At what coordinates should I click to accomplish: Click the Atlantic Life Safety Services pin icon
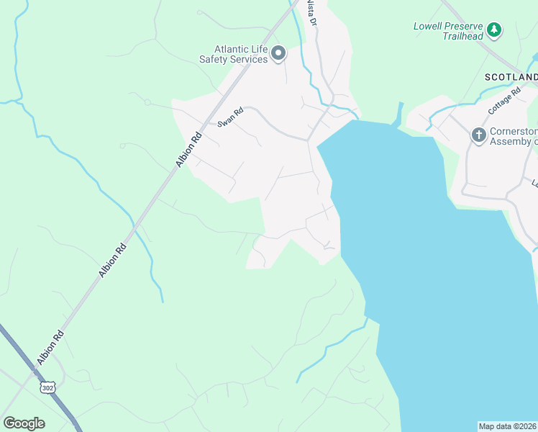tap(278, 53)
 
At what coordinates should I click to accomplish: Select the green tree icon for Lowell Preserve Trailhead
tap(493, 30)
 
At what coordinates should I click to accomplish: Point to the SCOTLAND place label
tap(511, 77)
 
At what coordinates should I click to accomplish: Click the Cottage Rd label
tap(503, 106)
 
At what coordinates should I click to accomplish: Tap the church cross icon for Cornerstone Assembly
tap(479, 135)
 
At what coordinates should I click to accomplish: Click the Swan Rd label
tap(231, 117)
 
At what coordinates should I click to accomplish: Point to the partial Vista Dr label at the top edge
tap(311, 12)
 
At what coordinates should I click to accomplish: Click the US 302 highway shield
tap(47, 387)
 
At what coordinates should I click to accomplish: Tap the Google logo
tap(24, 423)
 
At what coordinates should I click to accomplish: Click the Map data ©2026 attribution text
tap(508, 426)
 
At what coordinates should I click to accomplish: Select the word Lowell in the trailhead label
tap(429, 27)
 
